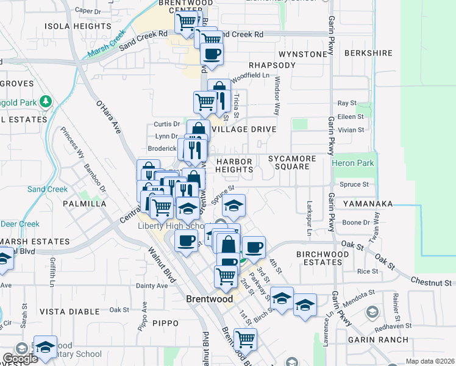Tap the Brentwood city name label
click(209, 300)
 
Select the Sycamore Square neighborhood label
click(292, 162)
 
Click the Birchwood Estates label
click(319, 257)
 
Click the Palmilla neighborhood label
click(84, 203)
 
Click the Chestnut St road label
click(430, 282)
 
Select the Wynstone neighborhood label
click(303, 54)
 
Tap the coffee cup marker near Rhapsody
click(212, 54)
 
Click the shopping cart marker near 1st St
click(245, 339)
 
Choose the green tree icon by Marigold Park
click(45, 100)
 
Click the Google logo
click(20, 359)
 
